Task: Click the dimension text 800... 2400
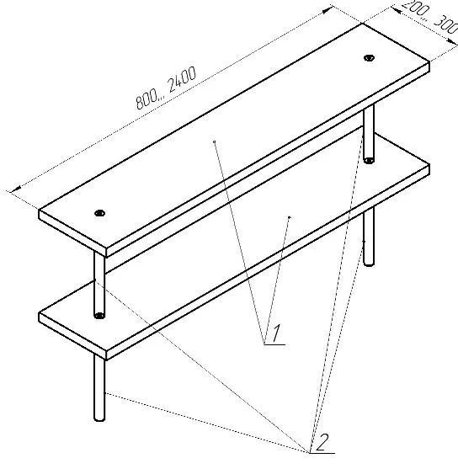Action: click(166, 88)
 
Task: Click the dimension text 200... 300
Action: click(427, 19)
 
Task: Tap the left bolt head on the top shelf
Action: click(100, 213)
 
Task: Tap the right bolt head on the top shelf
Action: click(369, 57)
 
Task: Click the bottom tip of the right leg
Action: click(369, 264)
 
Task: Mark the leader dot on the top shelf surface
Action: click(216, 141)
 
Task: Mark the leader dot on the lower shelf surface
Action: click(289, 217)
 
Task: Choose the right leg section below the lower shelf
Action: click(369, 236)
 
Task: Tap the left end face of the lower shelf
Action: click(72, 335)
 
